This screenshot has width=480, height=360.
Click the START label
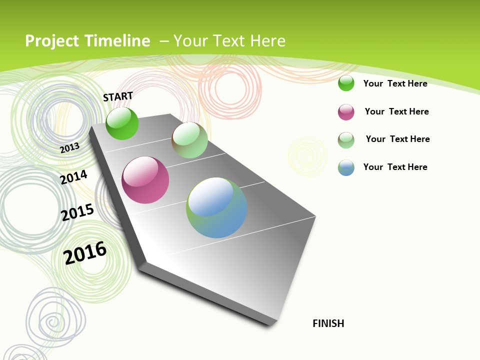(118, 96)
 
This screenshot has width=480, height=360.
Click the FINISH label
(328, 323)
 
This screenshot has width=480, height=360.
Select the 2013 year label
(69, 148)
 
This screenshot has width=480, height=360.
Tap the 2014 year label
(73, 177)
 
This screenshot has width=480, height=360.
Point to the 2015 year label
(77, 212)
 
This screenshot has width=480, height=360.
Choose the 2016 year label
(85, 252)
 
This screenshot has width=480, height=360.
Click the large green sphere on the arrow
(122, 123)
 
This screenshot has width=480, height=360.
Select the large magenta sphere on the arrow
(145, 180)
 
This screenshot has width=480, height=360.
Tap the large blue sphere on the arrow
(216, 207)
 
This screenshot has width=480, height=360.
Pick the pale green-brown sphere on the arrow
(189, 140)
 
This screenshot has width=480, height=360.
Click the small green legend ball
(346, 83)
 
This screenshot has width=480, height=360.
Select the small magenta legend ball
(346, 111)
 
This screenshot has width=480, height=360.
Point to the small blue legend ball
(346, 167)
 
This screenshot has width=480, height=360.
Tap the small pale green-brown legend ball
(346, 139)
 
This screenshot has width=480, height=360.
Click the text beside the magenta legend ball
(396, 111)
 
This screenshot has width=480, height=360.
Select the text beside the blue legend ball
(395, 167)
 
